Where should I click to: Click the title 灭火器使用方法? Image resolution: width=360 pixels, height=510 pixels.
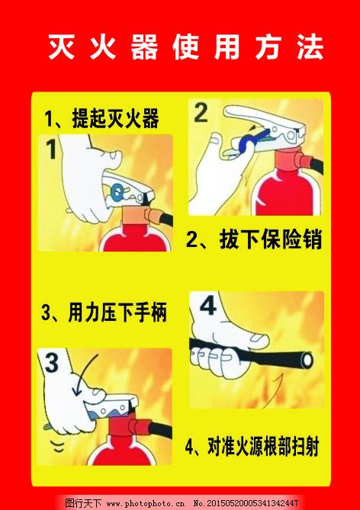[x=186, y=47]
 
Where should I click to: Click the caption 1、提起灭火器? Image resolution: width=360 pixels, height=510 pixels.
[x=101, y=119]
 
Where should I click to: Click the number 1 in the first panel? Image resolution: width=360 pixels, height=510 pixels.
[x=50, y=148]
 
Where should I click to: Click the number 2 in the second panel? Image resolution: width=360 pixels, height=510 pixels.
[x=201, y=113]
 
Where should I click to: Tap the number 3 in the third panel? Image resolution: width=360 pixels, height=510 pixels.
[x=51, y=363]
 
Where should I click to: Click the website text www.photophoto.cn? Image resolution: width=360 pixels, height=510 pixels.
[x=145, y=503]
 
